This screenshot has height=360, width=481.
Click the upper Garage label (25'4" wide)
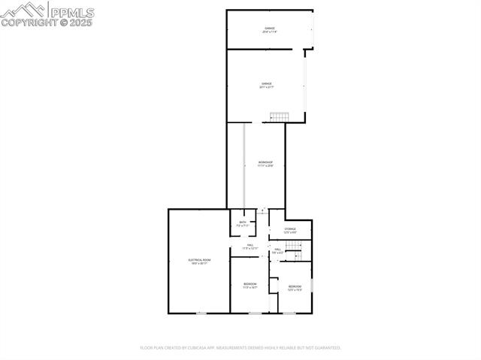coord(269,30)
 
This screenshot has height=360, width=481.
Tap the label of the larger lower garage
coord(267,85)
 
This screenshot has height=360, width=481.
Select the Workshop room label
coord(265,164)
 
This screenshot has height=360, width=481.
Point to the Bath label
coord(243,223)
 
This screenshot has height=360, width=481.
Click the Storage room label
coord(290,230)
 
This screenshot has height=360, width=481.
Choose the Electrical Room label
coord(199,261)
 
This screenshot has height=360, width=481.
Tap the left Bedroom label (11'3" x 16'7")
coord(250,285)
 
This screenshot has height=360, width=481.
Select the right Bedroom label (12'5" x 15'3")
coord(295,287)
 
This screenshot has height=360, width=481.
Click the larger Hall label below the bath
coord(250,247)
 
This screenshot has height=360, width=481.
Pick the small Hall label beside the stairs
coord(277,250)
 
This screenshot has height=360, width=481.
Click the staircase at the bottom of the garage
coord(280,116)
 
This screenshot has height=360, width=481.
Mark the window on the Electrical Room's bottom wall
coord(201,313)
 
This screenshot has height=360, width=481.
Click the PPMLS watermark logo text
coord(71,11)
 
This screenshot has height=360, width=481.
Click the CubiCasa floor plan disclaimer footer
coord(240,348)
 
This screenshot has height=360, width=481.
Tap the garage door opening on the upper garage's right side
coord(313,30)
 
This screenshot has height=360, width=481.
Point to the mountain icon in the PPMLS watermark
coord(24,10)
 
